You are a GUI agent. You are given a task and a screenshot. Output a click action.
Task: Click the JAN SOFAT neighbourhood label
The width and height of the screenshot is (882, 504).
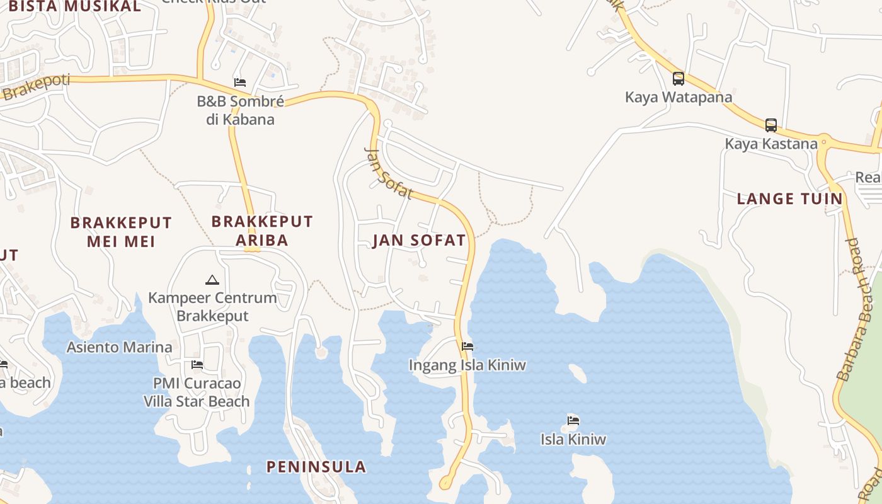pyautogui.click(x=419, y=240)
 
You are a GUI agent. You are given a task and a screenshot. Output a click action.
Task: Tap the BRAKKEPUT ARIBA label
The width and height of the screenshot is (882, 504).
pyautogui.click(x=262, y=231)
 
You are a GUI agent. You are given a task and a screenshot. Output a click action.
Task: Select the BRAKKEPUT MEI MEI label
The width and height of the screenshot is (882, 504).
pyautogui.click(x=121, y=232)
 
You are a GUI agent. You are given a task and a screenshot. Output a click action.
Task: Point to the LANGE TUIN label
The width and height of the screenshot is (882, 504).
pyautogui.click(x=789, y=199)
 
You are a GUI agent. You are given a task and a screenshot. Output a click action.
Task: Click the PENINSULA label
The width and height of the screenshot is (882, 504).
pyautogui.click(x=316, y=467)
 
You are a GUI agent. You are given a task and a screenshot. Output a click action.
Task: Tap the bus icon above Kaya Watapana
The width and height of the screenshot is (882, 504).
pyautogui.click(x=679, y=79)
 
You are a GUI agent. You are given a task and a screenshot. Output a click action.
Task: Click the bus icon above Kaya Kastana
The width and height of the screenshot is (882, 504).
pyautogui.click(x=771, y=125)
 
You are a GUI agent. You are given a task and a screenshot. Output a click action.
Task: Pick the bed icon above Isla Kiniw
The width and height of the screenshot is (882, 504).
pyautogui.click(x=573, y=420)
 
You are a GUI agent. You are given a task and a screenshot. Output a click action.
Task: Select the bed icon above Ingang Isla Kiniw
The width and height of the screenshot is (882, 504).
pyautogui.click(x=467, y=346)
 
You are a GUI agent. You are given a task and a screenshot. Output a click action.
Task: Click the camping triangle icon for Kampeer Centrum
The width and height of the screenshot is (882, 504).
pyautogui.click(x=212, y=279)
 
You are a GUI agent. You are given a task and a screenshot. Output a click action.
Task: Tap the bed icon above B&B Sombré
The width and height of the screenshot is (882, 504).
pyautogui.click(x=239, y=82)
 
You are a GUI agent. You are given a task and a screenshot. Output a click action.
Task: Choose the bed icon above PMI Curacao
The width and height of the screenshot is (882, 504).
pyautogui.click(x=197, y=364)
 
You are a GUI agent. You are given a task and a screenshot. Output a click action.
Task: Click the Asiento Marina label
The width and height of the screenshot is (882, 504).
pyautogui.click(x=119, y=347)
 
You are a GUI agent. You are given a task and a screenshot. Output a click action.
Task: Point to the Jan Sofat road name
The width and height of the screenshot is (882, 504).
pyautogui.click(x=389, y=173)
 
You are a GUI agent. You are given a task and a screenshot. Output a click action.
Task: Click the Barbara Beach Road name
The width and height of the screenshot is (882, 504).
pyautogui.click(x=859, y=309)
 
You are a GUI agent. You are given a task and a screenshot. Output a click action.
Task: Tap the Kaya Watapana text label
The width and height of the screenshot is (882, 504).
pyautogui.click(x=679, y=97)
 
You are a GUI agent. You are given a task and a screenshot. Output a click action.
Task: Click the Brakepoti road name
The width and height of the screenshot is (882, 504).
pyautogui.click(x=35, y=88)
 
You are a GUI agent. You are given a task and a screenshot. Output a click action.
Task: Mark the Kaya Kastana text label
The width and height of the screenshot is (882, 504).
pyautogui.click(x=770, y=144)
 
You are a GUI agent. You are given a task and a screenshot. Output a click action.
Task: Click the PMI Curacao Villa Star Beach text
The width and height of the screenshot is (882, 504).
pyautogui.click(x=197, y=392)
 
